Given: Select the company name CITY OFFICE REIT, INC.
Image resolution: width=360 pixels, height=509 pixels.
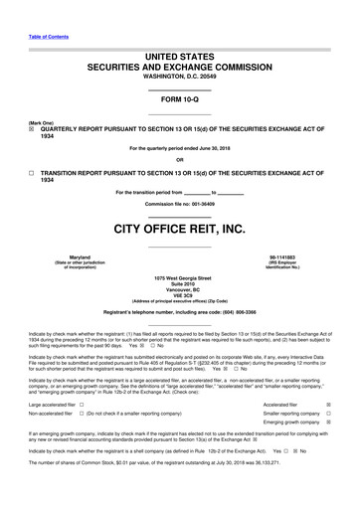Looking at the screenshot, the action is [x=179, y=229].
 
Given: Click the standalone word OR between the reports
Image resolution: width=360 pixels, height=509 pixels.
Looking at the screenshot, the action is [x=179, y=160].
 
